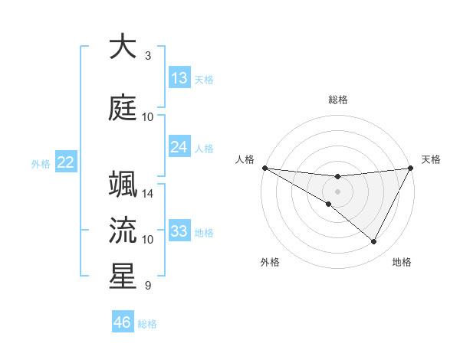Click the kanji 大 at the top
(x=123, y=47)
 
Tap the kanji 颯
(x=123, y=186)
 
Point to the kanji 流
(x=123, y=231)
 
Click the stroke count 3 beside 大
(x=147, y=56)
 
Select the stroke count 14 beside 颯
(x=149, y=194)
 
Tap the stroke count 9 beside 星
(x=147, y=286)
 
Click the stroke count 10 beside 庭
(x=148, y=117)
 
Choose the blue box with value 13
(x=179, y=77)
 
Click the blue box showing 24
(x=179, y=147)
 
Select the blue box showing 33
(x=179, y=231)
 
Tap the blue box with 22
(x=66, y=162)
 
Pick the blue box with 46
(x=122, y=322)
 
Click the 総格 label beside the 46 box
(x=147, y=324)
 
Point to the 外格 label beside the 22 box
(x=41, y=163)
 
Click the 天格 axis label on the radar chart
(x=431, y=159)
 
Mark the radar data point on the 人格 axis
(x=264, y=168)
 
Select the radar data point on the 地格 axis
(x=374, y=242)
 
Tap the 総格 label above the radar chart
(x=338, y=100)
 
